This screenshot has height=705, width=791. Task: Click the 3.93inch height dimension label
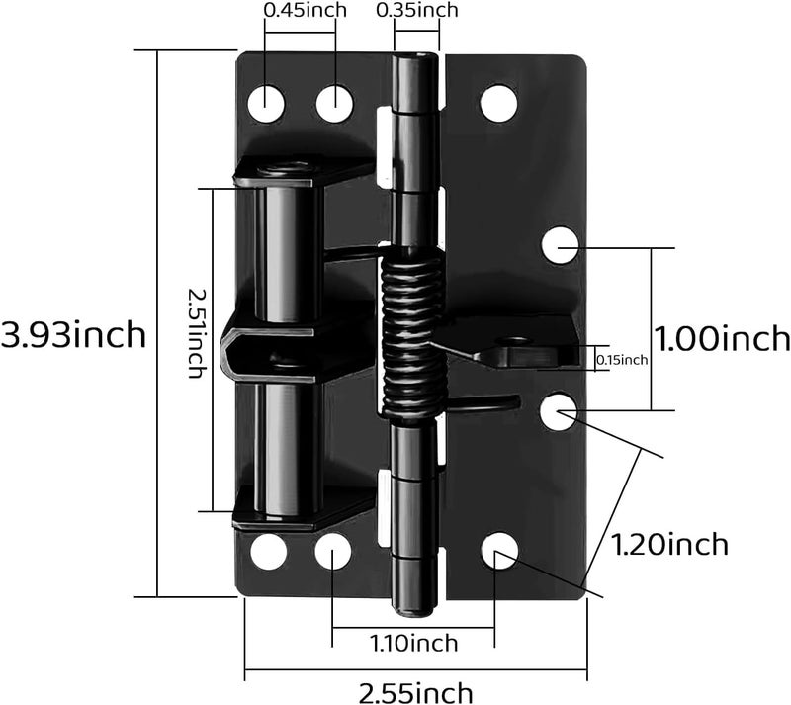73,334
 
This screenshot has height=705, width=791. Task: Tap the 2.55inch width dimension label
415,692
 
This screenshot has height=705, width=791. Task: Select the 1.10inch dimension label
413,643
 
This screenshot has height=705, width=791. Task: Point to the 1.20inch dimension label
669,545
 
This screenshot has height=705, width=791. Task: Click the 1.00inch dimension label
722,337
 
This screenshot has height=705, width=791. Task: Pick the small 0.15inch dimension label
622,360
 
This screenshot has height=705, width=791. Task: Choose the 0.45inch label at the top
306,10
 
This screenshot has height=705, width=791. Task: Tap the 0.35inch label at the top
417,10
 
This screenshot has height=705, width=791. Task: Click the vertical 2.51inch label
196,332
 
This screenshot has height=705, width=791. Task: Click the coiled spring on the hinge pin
412,335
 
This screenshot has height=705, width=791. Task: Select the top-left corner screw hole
266,104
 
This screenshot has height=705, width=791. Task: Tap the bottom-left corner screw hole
268,551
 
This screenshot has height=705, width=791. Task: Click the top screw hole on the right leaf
499,103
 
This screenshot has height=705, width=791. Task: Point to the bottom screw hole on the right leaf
499,551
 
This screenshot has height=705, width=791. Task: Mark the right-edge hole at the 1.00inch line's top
560,245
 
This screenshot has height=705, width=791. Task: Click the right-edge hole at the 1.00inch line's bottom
558,412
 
